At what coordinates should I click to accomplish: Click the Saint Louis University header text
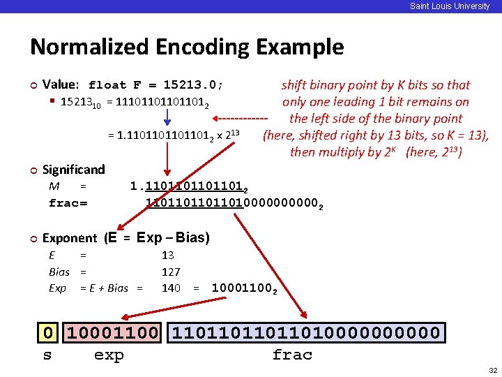(450, 6)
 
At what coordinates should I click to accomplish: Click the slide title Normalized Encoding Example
(187, 47)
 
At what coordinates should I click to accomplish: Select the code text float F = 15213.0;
(155, 85)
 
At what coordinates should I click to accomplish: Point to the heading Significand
(73, 170)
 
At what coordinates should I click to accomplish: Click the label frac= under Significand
(68, 203)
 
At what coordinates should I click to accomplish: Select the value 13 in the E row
(167, 256)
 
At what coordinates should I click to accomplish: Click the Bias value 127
(170, 272)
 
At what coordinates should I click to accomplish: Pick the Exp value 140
(170, 288)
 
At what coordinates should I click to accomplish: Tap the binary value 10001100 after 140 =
(243, 288)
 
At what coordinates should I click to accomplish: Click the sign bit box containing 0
(47, 333)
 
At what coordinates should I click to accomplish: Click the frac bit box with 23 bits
(305, 333)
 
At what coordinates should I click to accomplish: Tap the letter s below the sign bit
(47, 355)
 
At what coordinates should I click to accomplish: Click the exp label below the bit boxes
(109, 355)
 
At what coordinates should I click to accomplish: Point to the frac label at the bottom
(292, 355)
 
